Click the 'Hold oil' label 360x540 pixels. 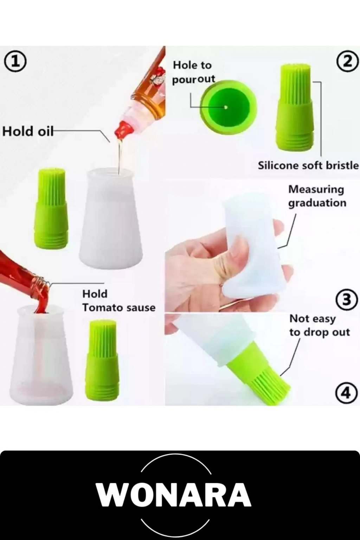(x=28, y=131)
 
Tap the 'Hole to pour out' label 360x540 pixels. (x=193, y=72)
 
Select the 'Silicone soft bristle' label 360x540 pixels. (x=308, y=166)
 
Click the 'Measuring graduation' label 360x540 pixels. (x=317, y=196)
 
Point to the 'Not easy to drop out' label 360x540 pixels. (x=319, y=326)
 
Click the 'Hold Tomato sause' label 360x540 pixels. (x=119, y=301)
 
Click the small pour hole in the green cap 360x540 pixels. (x=226, y=107)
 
